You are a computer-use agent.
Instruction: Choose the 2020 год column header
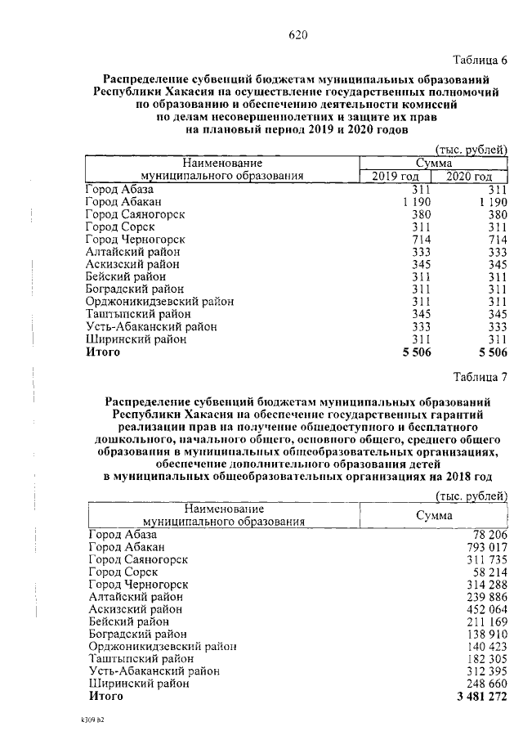[470, 177]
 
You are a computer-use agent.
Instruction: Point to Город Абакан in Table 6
[124, 202]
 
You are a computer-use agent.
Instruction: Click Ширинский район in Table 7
[139, 683]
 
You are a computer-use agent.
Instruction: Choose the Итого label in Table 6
[103, 352]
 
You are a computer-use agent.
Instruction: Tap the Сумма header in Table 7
[434, 516]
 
